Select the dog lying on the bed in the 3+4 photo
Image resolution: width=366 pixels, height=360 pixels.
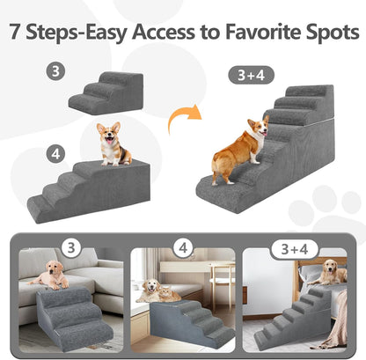pyautogui.click(x=332, y=272)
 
